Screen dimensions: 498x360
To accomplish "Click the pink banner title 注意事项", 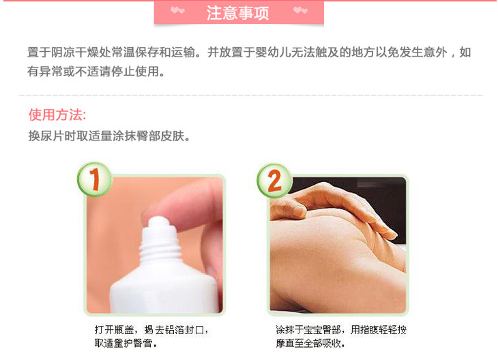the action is [x=238, y=13].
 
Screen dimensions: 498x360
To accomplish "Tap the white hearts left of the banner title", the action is [x=177, y=10].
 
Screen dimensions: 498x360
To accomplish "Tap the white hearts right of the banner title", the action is [x=300, y=10].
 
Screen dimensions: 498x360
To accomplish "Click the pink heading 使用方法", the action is [x=57, y=115].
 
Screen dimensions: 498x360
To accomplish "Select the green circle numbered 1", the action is [x=94, y=179].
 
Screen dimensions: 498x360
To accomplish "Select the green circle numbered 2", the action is [x=274, y=180].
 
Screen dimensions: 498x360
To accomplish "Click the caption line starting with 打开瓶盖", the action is [x=151, y=330].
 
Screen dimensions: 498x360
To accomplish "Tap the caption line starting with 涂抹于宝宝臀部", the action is [x=341, y=330].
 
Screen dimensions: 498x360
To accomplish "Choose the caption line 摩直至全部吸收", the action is [x=310, y=343].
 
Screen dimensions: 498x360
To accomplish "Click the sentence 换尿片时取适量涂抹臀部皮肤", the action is [x=109, y=136].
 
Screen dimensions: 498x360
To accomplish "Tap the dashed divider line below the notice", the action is [x=251, y=95].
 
